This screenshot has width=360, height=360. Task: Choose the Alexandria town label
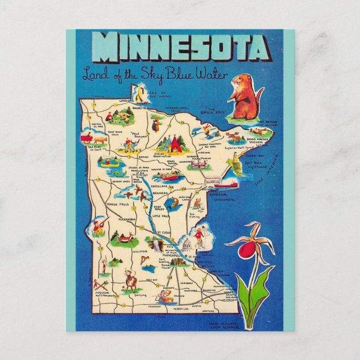click(123, 220)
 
